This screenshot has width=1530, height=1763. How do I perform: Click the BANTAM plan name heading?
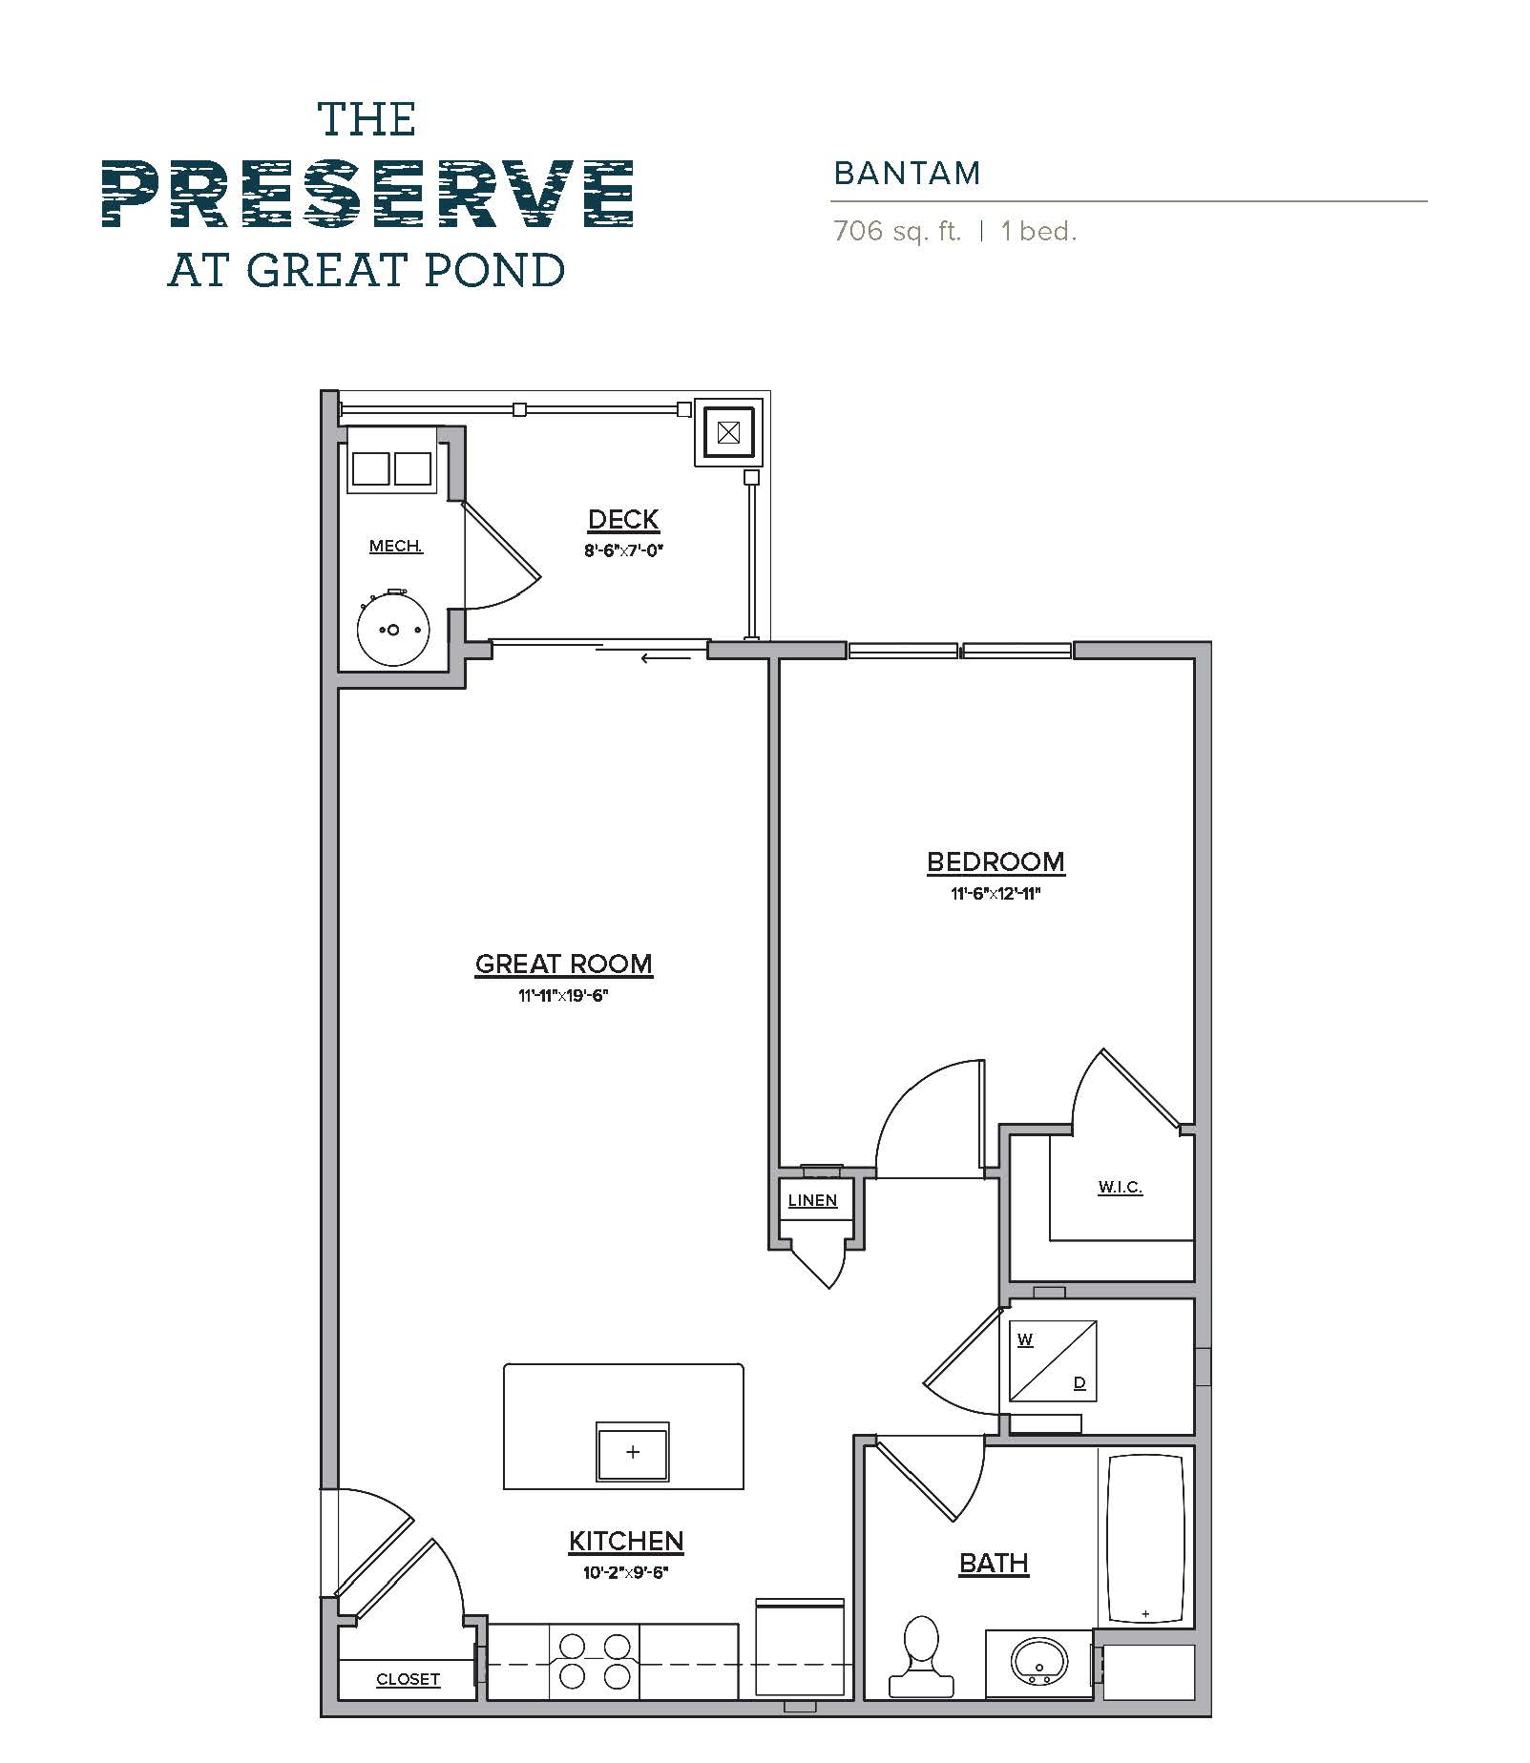(907, 174)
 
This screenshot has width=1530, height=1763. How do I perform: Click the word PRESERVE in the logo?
(367, 194)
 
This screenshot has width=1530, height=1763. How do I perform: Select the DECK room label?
(623, 520)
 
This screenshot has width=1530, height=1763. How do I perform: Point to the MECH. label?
(396, 547)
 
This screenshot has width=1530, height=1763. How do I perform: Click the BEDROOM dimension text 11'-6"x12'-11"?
(995, 894)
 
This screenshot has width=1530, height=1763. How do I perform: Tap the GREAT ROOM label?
(563, 964)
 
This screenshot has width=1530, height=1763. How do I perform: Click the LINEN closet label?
(812, 1201)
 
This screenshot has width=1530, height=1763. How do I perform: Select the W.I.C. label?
(1120, 1188)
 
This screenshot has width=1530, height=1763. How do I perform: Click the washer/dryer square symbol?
(1053, 1361)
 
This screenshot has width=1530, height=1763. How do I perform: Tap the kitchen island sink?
(632, 1452)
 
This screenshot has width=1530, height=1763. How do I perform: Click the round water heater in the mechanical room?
(392, 631)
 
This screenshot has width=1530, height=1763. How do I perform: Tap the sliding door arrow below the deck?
(665, 657)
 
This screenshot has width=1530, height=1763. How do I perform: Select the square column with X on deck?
(727, 433)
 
